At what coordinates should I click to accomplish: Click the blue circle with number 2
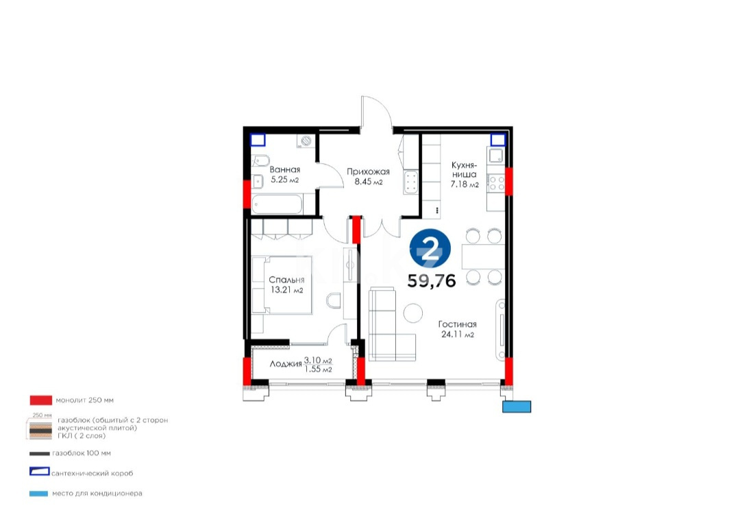point(430,250)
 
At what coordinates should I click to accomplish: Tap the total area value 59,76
point(432,280)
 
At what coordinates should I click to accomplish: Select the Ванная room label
point(283,169)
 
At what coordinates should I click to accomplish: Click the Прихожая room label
point(368,172)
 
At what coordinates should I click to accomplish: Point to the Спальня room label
point(286,280)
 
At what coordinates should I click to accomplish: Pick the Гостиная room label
point(458,324)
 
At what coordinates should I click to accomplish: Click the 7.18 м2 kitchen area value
point(464,185)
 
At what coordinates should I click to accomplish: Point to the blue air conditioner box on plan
point(516,407)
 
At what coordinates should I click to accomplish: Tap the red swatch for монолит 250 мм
point(41,400)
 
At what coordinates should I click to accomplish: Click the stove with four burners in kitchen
point(496,182)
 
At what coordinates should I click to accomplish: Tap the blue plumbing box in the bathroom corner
point(258,141)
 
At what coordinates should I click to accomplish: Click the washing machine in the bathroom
point(306,141)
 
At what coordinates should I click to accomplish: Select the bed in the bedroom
point(282,284)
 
